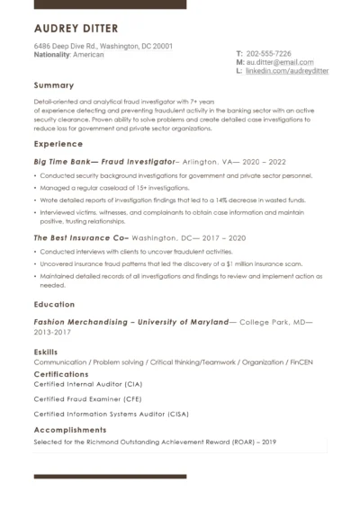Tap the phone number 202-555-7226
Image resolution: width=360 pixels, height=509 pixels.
tap(268, 53)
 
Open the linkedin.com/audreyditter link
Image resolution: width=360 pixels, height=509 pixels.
tap(287, 70)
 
